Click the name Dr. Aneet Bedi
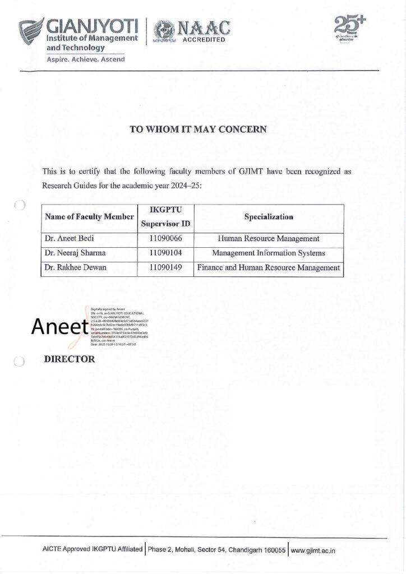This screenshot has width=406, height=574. point(68,239)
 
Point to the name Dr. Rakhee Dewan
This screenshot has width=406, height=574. point(74,268)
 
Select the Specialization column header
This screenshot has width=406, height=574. point(269,216)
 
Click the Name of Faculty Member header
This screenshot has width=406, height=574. point(89,216)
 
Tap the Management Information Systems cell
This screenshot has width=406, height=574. point(269,253)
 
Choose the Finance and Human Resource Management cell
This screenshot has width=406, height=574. point(269,268)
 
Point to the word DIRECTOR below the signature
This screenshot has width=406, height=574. point(70,359)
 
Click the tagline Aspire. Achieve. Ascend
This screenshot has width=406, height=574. point(86,59)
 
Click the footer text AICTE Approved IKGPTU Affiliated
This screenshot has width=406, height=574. point(93,550)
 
